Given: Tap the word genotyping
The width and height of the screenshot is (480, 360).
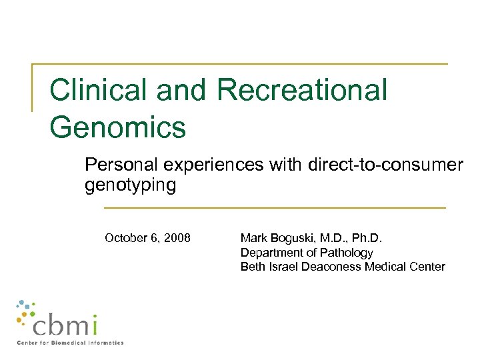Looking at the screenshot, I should (x=130, y=185).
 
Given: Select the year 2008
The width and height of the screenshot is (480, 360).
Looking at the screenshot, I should (x=178, y=238).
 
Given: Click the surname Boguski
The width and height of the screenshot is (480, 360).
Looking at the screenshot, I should (x=293, y=238).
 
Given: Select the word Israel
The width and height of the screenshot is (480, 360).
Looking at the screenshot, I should (x=281, y=267).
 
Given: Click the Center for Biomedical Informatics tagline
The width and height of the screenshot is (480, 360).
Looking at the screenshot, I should (x=70, y=343).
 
